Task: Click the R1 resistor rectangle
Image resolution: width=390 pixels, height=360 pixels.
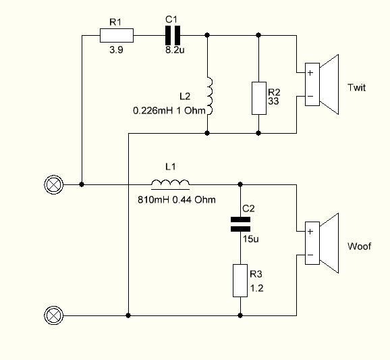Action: pyautogui.click(x=117, y=35)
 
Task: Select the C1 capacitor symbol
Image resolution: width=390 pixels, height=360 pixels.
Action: pyautogui.click(x=173, y=35)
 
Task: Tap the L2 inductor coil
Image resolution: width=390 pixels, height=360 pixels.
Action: pyautogui.click(x=210, y=96)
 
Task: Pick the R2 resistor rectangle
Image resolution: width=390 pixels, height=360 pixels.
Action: pyautogui.click(x=259, y=98)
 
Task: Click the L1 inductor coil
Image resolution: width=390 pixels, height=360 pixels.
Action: pyautogui.click(x=171, y=183)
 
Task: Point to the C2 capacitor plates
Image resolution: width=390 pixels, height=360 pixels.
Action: pyautogui.click(x=240, y=224)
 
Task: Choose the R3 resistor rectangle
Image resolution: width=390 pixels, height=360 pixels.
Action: pyautogui.click(x=240, y=280)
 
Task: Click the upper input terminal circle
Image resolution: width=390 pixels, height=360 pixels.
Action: pyautogui.click(x=54, y=185)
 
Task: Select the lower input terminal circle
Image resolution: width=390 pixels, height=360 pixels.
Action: pyautogui.click(x=54, y=315)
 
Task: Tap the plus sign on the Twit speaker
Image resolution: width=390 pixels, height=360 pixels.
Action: pyautogui.click(x=310, y=73)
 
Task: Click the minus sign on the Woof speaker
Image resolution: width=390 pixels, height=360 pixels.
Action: pyautogui.click(x=310, y=255)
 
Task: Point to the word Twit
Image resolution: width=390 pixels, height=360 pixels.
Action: pyautogui.click(x=356, y=88)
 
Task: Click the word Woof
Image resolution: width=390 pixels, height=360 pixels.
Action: pyautogui.click(x=359, y=247)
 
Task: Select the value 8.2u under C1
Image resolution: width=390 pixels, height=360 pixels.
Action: pyautogui.click(x=175, y=50)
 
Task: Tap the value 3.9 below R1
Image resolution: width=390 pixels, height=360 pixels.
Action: pyautogui.click(x=116, y=50)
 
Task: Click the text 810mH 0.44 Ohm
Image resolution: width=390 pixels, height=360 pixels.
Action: pyautogui.click(x=177, y=200)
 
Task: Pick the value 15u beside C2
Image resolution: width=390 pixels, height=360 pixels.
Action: pyautogui.click(x=251, y=238)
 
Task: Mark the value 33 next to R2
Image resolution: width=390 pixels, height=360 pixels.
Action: pyautogui.click(x=273, y=101)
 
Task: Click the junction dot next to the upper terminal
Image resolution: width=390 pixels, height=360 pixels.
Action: pyautogui.click(x=82, y=184)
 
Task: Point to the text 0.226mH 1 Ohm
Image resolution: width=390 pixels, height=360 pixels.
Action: pyautogui.click(x=169, y=111)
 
